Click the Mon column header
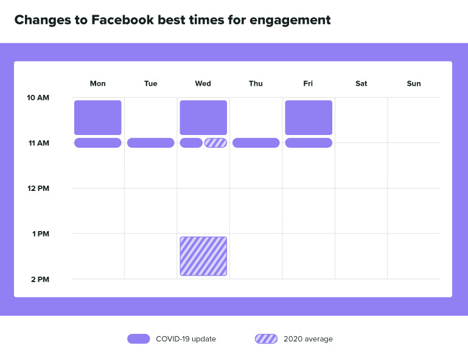97,83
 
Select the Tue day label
150,83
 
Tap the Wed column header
203,83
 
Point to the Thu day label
256,83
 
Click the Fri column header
308,83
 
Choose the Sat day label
361,83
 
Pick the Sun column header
414,83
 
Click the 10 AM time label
38,97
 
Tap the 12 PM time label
38,189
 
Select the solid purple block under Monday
98,117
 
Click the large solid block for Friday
309,117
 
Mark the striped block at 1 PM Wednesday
203,256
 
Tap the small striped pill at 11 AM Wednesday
215,143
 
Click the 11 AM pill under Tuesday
150,143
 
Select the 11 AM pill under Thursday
256,143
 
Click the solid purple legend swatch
138,339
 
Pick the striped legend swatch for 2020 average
266,339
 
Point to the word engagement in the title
296,20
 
